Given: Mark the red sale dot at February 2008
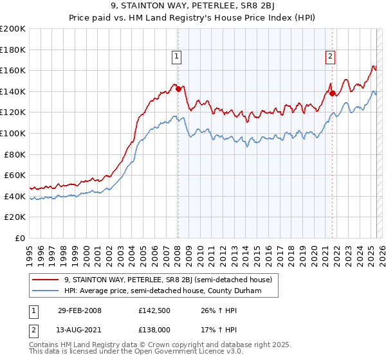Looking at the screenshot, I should pos(178,89).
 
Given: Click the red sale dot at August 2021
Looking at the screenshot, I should pos(332,93).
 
